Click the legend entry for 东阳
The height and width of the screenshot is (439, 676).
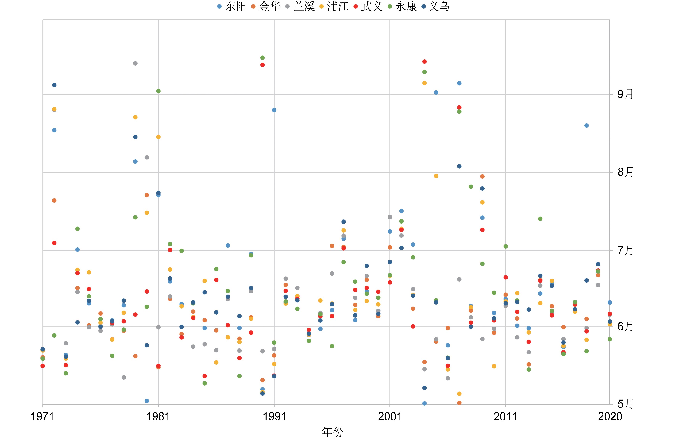click(x=231, y=6)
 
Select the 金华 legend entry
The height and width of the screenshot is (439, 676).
click(x=266, y=6)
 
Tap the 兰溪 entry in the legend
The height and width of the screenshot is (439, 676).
click(x=300, y=6)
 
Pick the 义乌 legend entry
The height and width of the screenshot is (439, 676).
click(x=436, y=6)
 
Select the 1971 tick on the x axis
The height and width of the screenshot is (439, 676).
click(x=43, y=416)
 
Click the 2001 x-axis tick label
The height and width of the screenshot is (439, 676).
click(x=390, y=416)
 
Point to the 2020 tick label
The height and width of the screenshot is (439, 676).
click(x=610, y=416)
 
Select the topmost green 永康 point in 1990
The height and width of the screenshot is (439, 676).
click(x=263, y=58)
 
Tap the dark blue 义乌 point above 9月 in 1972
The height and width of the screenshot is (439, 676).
click(x=54, y=85)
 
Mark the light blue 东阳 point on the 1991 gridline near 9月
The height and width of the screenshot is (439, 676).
click(x=274, y=110)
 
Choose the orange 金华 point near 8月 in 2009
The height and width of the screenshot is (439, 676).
click(x=482, y=177)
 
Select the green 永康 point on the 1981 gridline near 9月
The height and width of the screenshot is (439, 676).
click(x=159, y=91)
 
